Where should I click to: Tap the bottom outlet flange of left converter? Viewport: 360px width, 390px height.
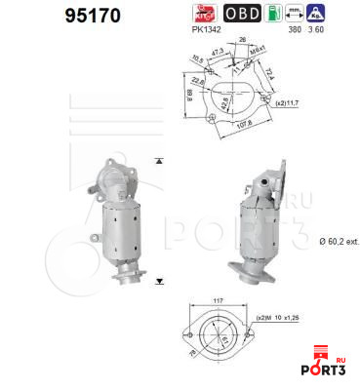coord(131,281)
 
